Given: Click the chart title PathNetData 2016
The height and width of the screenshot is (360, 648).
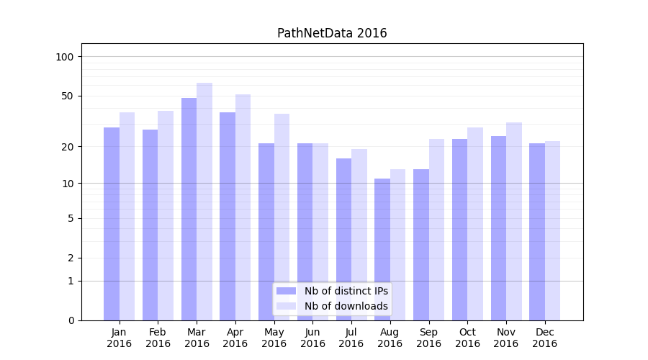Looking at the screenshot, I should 332,33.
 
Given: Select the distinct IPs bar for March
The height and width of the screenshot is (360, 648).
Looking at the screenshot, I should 189,209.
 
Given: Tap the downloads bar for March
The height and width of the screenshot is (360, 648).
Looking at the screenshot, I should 204,202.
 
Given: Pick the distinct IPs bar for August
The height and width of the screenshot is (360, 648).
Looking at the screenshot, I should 382,249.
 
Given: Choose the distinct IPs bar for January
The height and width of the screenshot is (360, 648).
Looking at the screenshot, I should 112,223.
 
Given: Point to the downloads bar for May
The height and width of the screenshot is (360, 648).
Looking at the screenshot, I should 282,217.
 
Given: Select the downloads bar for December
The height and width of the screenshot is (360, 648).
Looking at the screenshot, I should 552,230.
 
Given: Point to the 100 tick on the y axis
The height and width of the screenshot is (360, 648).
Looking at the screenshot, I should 65,57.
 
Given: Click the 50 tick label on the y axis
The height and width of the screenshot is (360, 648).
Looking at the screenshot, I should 67,96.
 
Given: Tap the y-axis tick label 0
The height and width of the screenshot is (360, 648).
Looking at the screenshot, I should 71,320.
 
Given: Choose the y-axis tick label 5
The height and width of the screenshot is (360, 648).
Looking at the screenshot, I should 71,218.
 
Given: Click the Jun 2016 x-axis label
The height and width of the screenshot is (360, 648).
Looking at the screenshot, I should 312,338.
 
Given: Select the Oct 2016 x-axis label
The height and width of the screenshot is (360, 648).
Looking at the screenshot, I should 467,338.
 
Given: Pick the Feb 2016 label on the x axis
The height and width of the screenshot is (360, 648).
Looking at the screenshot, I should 158,338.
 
